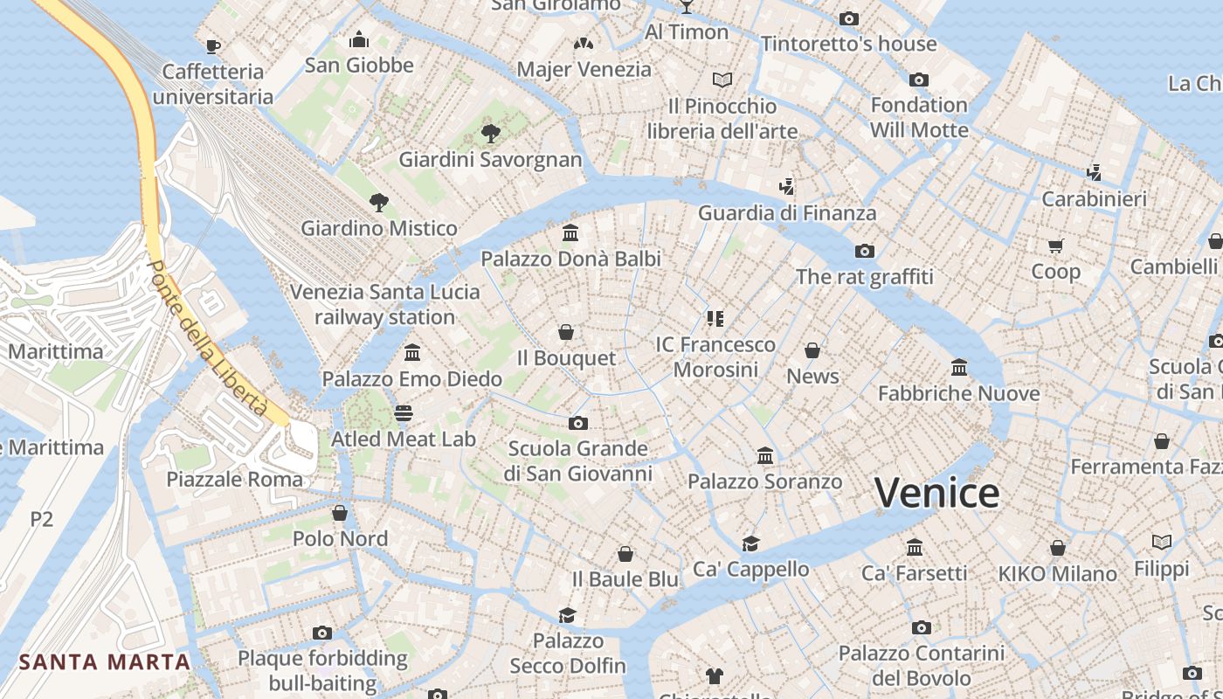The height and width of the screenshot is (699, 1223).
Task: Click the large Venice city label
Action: click(936, 493)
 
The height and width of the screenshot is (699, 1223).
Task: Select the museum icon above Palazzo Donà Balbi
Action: click(571, 232)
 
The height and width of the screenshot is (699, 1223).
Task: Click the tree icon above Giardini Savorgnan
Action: click(491, 133)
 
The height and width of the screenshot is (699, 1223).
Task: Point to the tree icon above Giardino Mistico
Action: click(378, 203)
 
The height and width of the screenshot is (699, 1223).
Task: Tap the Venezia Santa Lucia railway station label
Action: click(384, 304)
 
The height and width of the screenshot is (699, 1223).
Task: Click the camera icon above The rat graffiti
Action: click(865, 252)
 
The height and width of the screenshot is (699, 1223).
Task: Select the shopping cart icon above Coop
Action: click(1056, 246)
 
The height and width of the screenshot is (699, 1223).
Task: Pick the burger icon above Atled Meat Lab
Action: click(403, 412)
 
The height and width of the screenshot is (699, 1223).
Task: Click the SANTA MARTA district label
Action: click(105, 661)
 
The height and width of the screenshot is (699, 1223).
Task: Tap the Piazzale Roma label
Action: click(234, 479)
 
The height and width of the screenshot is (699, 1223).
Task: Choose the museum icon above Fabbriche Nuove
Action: click(959, 367)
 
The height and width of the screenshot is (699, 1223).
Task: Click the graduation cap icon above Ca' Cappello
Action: click(750, 543)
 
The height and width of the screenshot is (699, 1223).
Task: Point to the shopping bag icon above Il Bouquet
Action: click(566, 332)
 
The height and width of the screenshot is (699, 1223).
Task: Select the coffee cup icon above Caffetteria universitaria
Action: click(212, 46)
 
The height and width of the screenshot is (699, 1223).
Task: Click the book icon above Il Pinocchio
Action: click(722, 80)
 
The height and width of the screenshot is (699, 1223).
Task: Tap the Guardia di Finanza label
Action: click(786, 212)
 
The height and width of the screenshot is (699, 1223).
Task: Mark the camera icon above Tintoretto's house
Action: click(848, 18)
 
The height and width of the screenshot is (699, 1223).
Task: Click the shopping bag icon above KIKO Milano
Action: click(1057, 548)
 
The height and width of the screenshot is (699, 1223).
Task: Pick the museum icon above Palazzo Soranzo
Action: click(765, 455)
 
